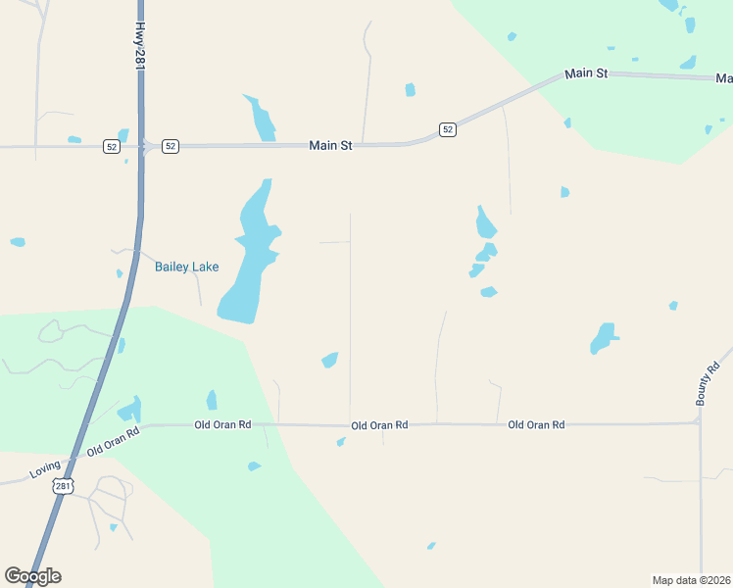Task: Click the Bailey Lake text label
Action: pyautogui.click(x=186, y=267)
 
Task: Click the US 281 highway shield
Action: pyautogui.click(x=63, y=487)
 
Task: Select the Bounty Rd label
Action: pyautogui.click(x=702, y=382)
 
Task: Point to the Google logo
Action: pyautogui.click(x=32, y=576)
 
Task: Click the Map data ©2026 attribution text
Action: pyautogui.click(x=691, y=579)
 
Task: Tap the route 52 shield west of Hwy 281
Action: pyautogui.click(x=112, y=146)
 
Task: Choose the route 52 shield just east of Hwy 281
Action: pyautogui.click(x=171, y=146)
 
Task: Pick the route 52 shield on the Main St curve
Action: pyautogui.click(x=448, y=129)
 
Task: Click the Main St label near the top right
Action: pyautogui.click(x=586, y=73)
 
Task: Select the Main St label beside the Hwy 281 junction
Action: pyautogui.click(x=330, y=145)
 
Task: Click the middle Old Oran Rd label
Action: pyautogui.click(x=379, y=425)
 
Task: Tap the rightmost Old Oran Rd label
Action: pyautogui.click(x=536, y=424)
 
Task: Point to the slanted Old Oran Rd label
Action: pyautogui.click(x=114, y=440)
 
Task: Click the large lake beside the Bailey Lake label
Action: pyautogui.click(x=247, y=260)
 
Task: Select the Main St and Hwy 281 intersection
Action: pyautogui.click(x=141, y=147)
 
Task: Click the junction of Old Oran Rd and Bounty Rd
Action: pyautogui.click(x=700, y=423)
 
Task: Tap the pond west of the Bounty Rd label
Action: pyautogui.click(x=603, y=337)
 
